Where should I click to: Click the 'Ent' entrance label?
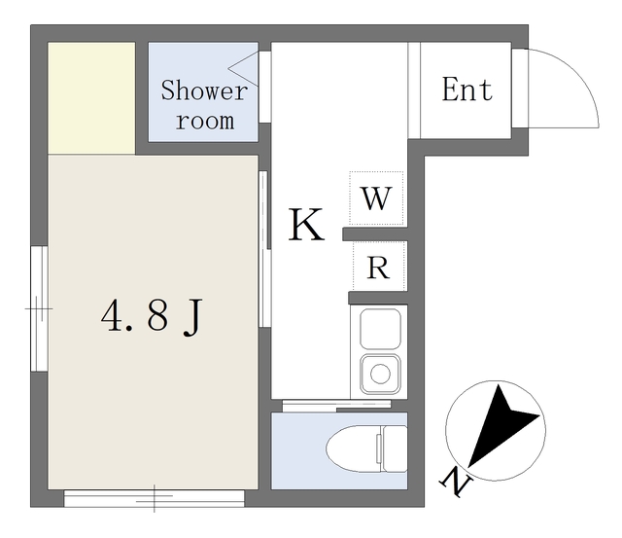click(466, 89)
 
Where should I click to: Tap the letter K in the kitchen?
click(306, 225)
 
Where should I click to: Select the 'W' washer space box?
click(376, 197)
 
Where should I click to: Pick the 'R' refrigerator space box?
click(379, 266)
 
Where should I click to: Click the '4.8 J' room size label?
click(152, 317)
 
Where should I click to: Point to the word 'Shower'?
click(204, 90)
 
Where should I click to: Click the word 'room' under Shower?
click(205, 121)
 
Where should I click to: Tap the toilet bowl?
click(353, 448)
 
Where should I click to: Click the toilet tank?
click(394, 448)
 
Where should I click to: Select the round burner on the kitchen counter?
click(380, 374)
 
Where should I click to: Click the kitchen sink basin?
click(380, 329)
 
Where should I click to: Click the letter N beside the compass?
click(456, 482)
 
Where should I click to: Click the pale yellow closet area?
click(91, 98)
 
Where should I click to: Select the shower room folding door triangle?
click(244, 69)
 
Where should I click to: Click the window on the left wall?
click(39, 308)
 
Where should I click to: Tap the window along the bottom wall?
click(155, 498)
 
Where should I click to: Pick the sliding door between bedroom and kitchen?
click(264, 249)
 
